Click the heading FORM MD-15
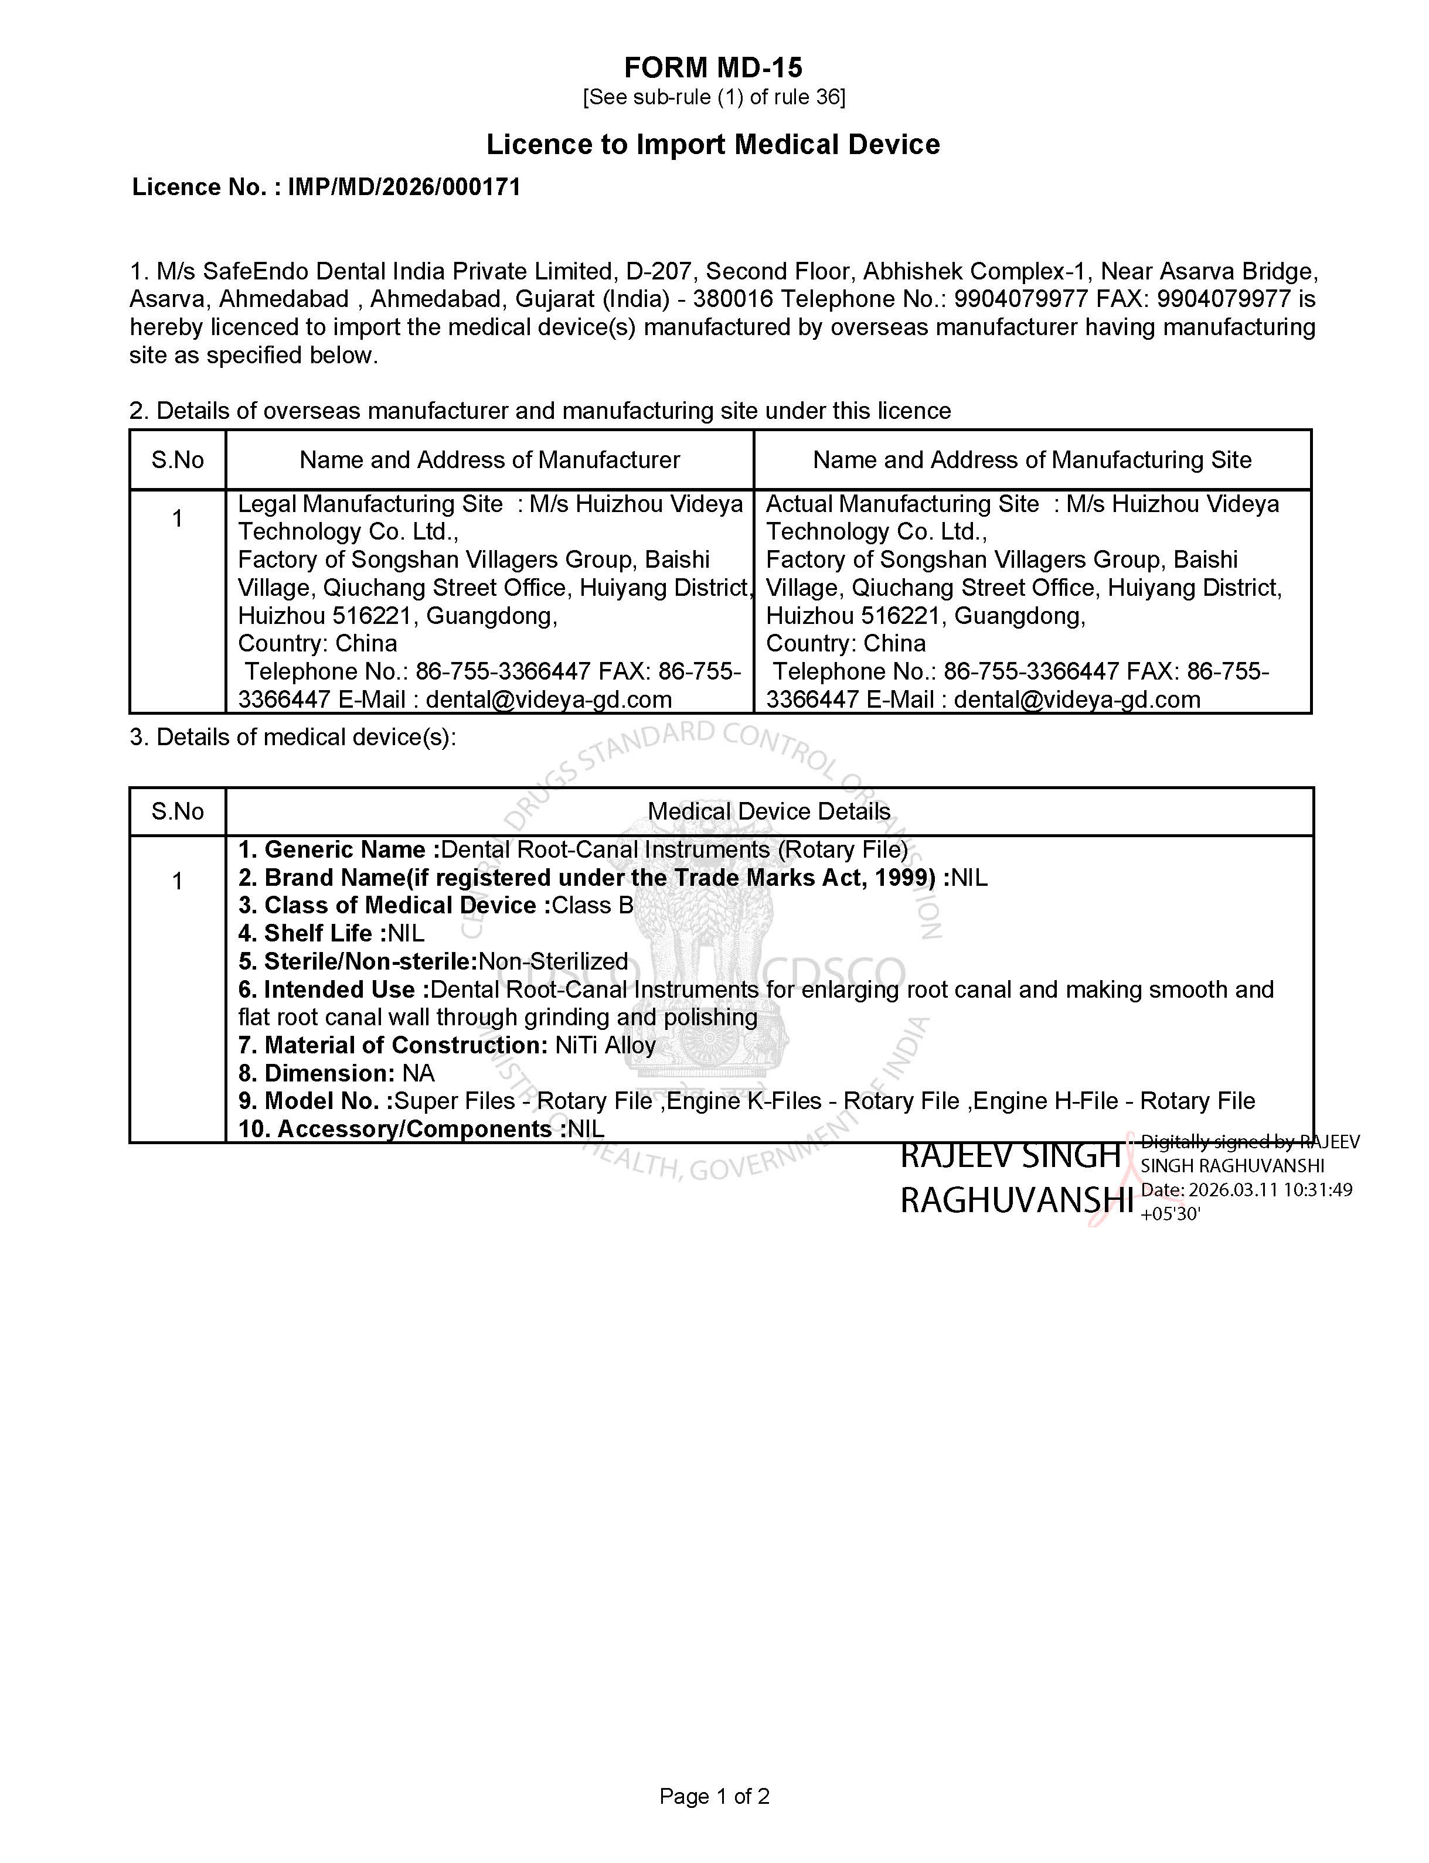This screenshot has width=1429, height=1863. coord(713,67)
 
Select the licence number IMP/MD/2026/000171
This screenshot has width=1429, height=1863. coord(404,187)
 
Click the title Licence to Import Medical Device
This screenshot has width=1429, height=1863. coord(713,145)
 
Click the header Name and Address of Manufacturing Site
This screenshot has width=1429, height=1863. coord(1032,460)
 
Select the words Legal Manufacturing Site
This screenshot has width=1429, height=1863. coord(370,504)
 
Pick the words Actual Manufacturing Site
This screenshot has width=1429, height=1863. coord(901,504)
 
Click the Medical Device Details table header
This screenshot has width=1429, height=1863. coord(769,811)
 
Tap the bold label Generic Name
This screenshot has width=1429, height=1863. coord(345,849)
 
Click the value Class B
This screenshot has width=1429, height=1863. coord(593,906)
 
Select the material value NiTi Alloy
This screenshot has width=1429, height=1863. coord(605,1045)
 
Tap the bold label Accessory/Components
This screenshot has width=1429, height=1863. coord(414,1129)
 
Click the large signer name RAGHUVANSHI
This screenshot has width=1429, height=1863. coord(1016,1200)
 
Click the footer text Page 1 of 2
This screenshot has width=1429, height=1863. coord(714,1796)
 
